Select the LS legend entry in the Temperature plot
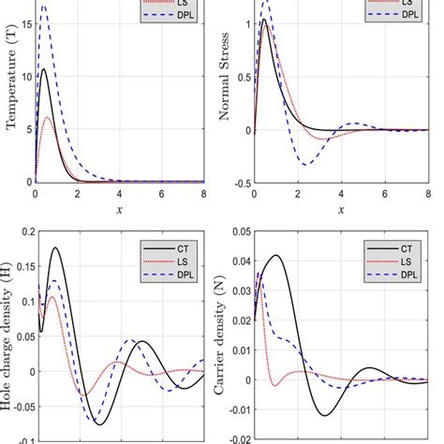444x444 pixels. pos(183,4)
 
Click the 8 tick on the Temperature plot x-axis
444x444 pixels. pos(205,194)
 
